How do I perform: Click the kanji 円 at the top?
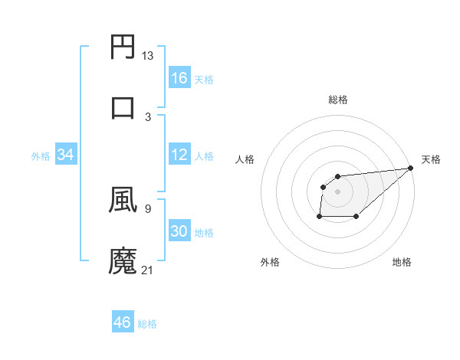[x=123, y=47]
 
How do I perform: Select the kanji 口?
[x=123, y=107]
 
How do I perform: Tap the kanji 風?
[x=123, y=200]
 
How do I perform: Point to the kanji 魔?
[x=123, y=260]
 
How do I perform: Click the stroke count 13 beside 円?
[x=148, y=56]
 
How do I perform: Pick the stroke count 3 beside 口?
[x=148, y=116]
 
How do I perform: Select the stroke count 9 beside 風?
[x=148, y=208]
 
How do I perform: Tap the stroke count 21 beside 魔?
[x=148, y=270]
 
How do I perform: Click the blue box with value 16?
[x=179, y=78]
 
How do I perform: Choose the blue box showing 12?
[x=179, y=155]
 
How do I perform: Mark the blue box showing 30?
[x=179, y=231]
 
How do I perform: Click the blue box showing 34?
[x=66, y=155]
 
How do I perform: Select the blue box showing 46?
[x=123, y=322]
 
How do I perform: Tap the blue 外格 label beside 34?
[x=41, y=156]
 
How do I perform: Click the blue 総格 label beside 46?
[x=147, y=324]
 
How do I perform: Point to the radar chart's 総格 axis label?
[x=338, y=100]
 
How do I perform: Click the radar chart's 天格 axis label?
[x=431, y=159]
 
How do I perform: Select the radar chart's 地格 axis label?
[x=402, y=262]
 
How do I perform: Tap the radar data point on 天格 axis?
[x=411, y=169]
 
